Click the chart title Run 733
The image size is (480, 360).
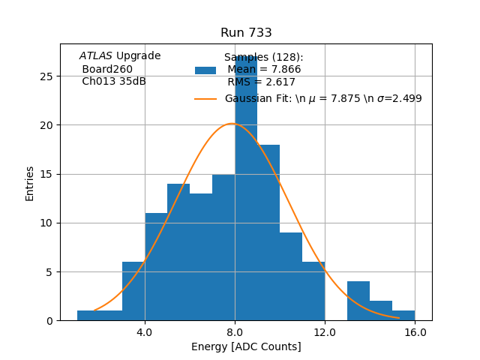click(x=246, y=33)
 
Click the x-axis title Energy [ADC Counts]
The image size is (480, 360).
click(x=246, y=346)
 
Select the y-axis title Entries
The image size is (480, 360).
click(x=30, y=182)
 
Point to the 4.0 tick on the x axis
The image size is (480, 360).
click(x=145, y=331)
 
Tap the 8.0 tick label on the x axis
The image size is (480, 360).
click(x=235, y=331)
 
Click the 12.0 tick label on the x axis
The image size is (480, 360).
click(x=325, y=331)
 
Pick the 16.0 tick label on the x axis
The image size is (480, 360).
click(x=415, y=331)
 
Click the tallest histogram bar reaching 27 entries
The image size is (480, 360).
click(x=246, y=187)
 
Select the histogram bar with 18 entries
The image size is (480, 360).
click(x=268, y=232)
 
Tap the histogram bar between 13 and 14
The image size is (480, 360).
click(x=358, y=301)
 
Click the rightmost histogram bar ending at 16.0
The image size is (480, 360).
click(x=403, y=316)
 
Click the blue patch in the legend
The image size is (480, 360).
click(x=205, y=70)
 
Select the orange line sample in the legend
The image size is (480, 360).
click(x=205, y=99)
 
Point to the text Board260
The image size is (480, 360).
click(x=107, y=69)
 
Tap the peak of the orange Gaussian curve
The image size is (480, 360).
click(x=232, y=124)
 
